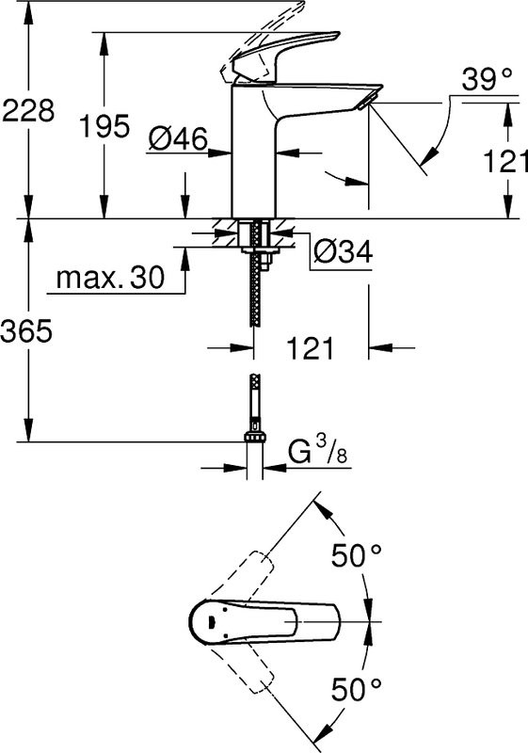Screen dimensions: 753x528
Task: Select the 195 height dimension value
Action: tap(104, 126)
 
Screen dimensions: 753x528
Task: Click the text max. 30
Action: tap(110, 278)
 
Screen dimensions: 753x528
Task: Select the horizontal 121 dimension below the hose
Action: tap(310, 349)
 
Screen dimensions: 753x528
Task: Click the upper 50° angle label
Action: tap(356, 556)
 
